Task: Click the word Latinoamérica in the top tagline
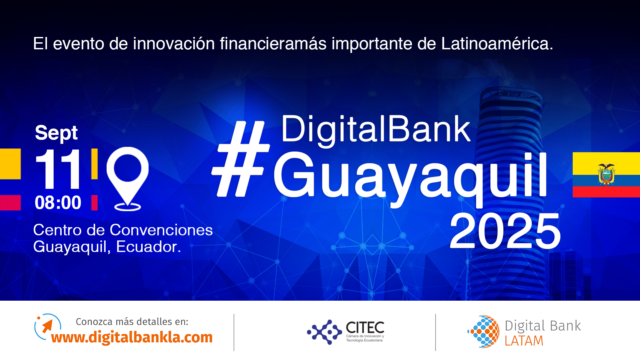[497, 44]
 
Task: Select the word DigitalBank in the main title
[376, 130]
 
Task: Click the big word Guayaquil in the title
[410, 177]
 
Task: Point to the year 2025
[505, 231]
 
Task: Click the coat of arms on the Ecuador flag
[606, 174]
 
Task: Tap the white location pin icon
[127, 179]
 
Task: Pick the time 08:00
[58, 203]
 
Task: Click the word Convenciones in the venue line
[161, 230]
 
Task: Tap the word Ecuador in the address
[148, 247]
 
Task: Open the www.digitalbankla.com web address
[132, 337]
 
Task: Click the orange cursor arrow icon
[47, 326]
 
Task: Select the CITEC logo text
[365, 328]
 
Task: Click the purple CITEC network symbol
[324, 332]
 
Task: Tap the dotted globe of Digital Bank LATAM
[484, 332]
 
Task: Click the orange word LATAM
[524, 341]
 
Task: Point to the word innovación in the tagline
[174, 44]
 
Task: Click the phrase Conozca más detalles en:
[132, 322]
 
